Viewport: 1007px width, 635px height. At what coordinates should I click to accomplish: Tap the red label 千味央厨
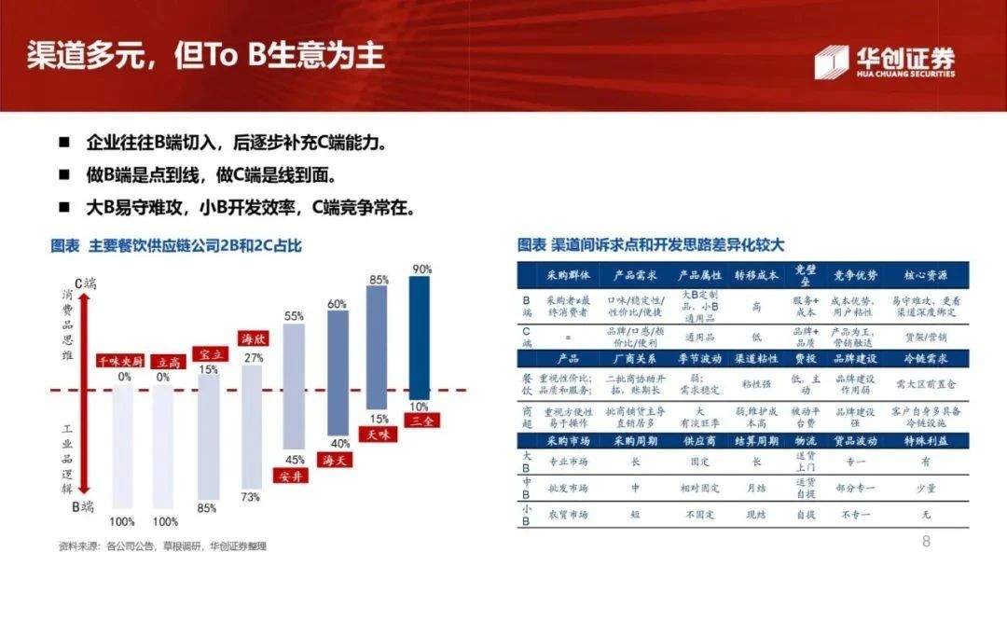pyautogui.click(x=120, y=361)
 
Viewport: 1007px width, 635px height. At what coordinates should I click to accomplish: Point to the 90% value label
pyautogui.click(x=421, y=269)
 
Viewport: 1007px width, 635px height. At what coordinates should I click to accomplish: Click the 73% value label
pyautogui.click(x=251, y=497)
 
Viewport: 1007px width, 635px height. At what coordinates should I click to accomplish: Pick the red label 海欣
pyautogui.click(x=253, y=338)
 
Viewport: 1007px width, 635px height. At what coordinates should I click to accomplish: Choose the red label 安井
pyautogui.click(x=295, y=476)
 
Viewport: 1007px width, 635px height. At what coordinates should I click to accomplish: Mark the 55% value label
pyautogui.click(x=294, y=316)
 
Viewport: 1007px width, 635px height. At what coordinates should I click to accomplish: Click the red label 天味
pyautogui.click(x=379, y=435)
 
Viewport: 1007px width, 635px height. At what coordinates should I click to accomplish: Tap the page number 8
pyautogui.click(x=926, y=542)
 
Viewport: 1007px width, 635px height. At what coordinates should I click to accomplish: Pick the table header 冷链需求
pyautogui.click(x=926, y=358)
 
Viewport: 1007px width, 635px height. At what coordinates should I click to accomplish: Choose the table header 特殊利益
pyautogui.click(x=926, y=437)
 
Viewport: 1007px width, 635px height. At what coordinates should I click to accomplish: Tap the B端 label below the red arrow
pyautogui.click(x=85, y=507)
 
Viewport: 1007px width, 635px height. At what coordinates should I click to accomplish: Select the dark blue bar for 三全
pyautogui.click(x=420, y=340)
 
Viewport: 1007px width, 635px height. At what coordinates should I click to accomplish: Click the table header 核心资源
pyautogui.click(x=926, y=276)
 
